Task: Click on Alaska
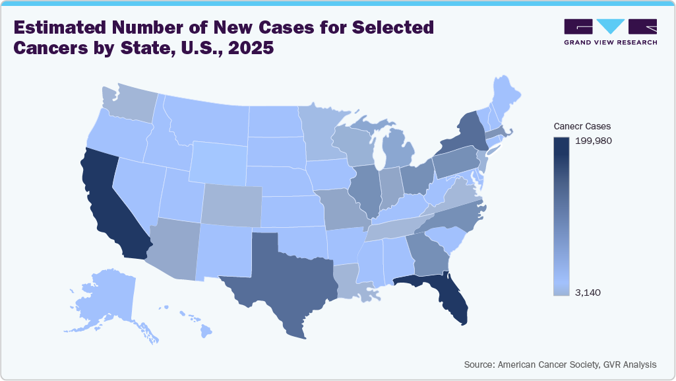[x=106, y=297]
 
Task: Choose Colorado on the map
[x=231, y=205]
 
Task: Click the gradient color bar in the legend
[x=561, y=215]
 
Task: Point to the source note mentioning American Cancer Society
[x=560, y=364]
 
